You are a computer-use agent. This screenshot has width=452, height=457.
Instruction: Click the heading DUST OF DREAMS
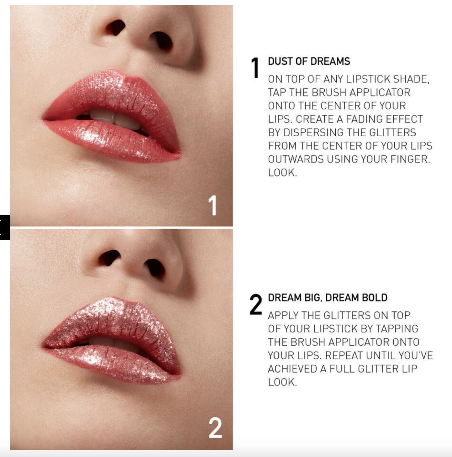pos(309,61)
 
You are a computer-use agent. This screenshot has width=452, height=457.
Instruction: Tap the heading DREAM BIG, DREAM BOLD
pos(328,297)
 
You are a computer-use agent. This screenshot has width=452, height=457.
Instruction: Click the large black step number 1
pos(255,68)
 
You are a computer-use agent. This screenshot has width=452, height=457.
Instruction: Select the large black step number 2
pos(256,304)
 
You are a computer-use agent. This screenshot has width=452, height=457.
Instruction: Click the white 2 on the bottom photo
pos(215,428)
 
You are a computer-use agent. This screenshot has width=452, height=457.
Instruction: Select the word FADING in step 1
pos(362,119)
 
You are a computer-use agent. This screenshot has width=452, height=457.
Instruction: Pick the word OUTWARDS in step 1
pos(296,159)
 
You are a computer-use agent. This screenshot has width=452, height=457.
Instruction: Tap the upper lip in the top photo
pos(112,95)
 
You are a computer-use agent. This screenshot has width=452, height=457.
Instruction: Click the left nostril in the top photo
pos(116,27)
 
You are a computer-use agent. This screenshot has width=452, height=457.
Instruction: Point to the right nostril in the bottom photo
pos(155,268)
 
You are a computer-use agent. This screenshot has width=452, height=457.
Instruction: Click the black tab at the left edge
pos(5,228)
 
